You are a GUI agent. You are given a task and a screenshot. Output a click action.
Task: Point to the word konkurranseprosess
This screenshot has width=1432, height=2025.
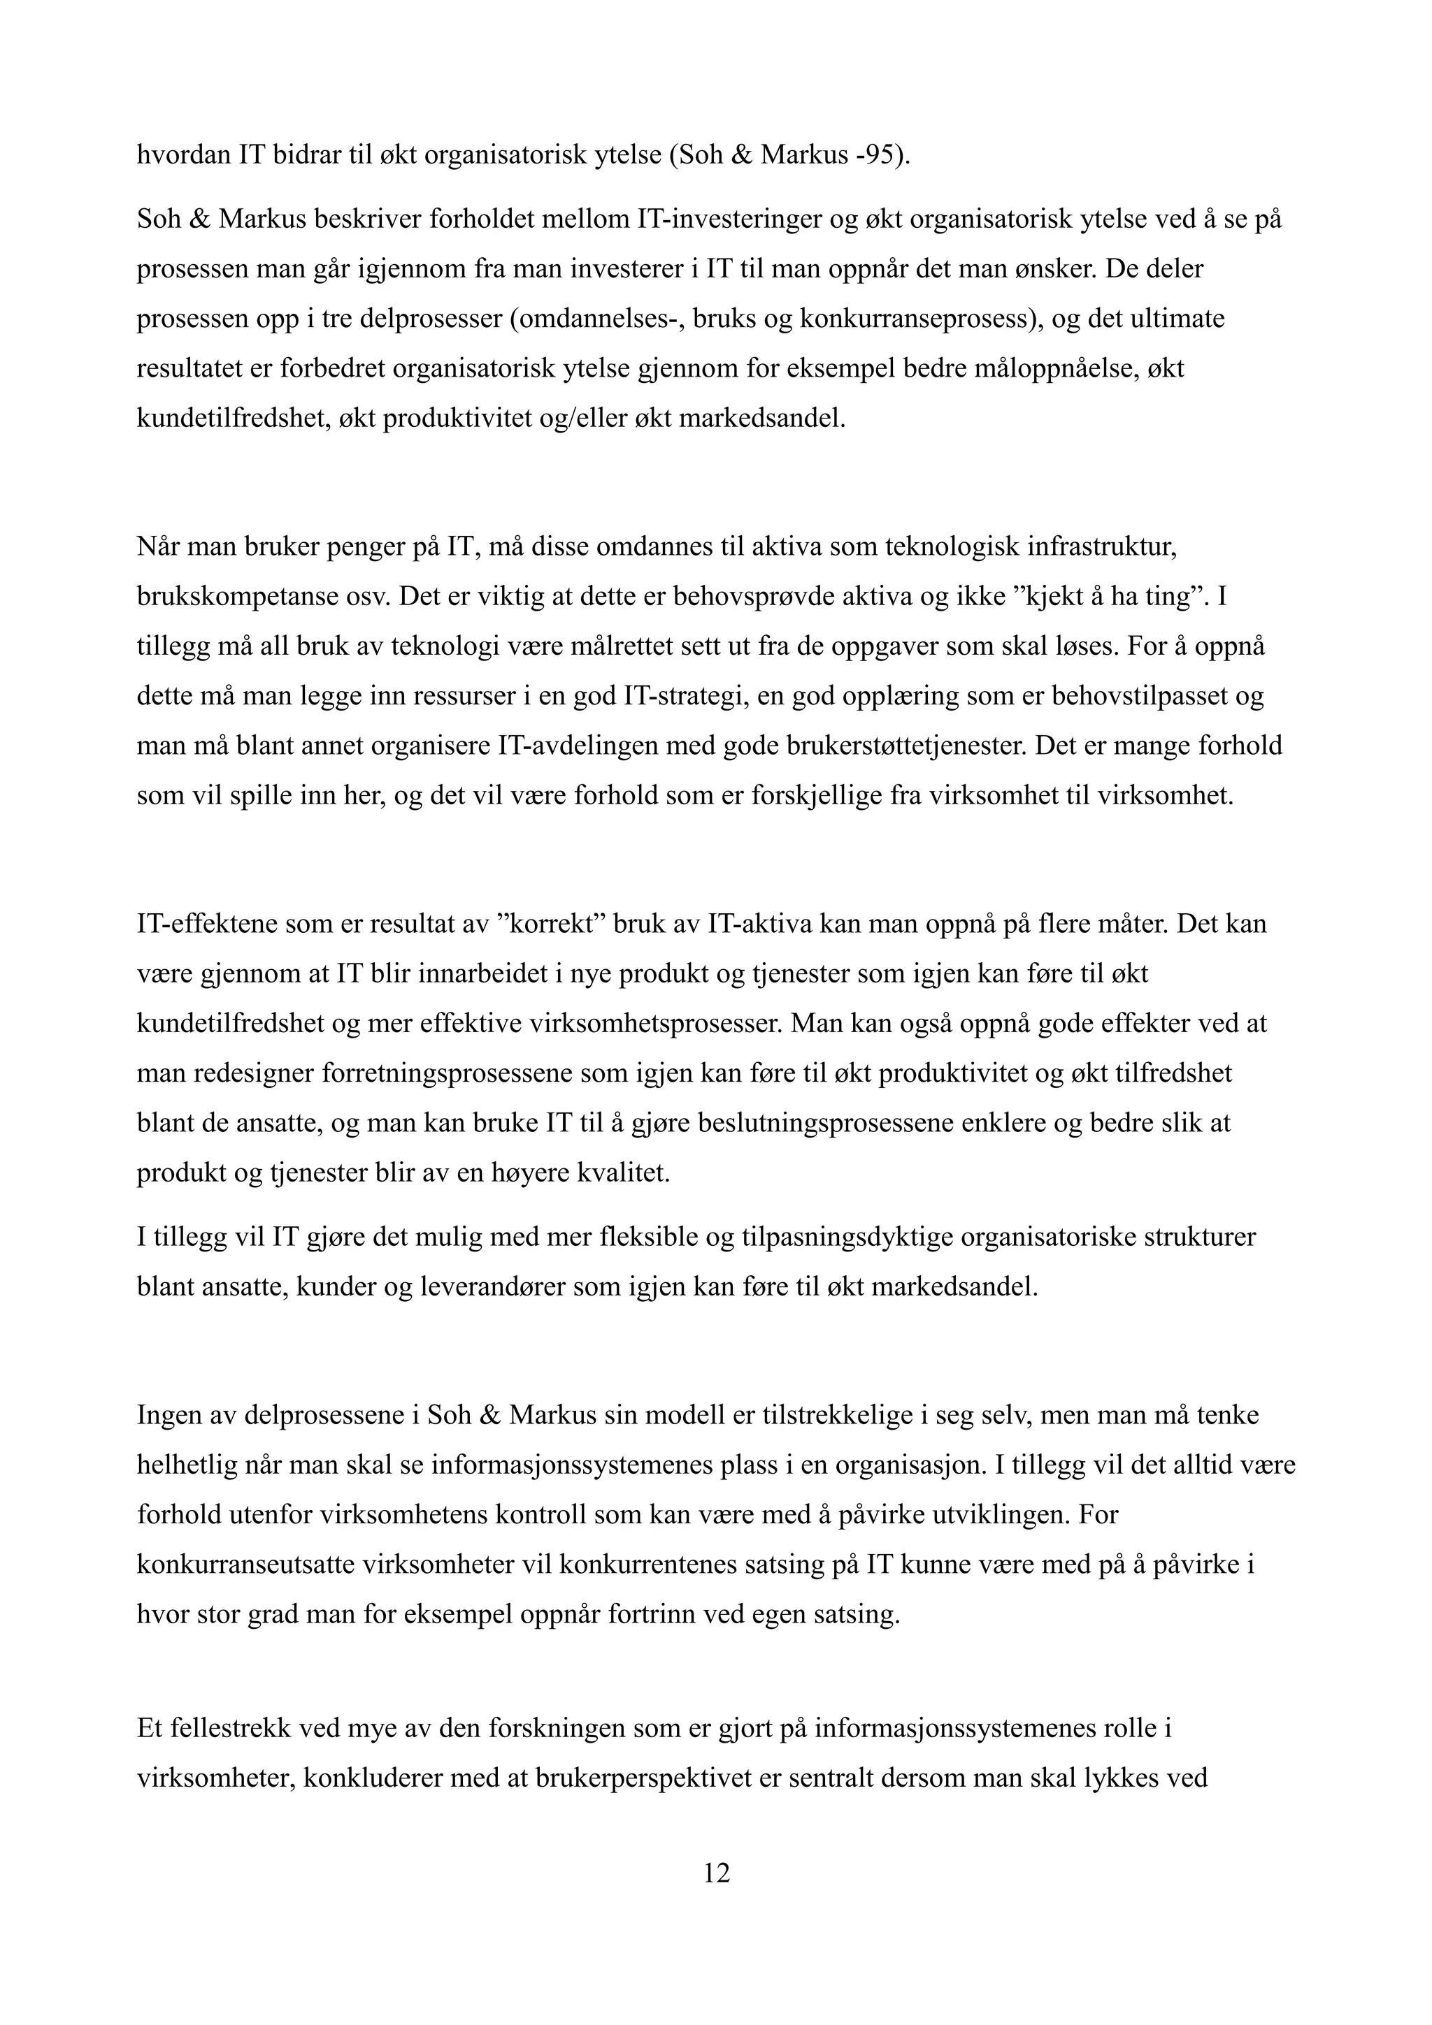(x=915, y=319)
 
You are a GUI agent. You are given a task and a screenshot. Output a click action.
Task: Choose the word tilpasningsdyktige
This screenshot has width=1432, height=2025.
(x=846, y=1237)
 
